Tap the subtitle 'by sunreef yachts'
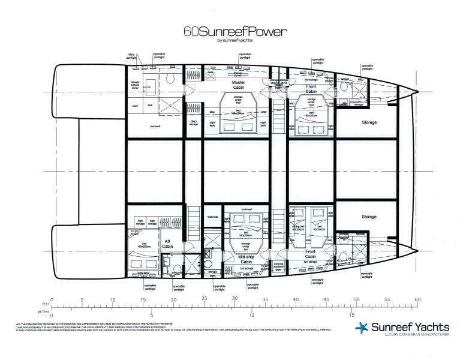click(x=233, y=40)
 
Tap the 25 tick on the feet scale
click(x=205, y=299)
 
